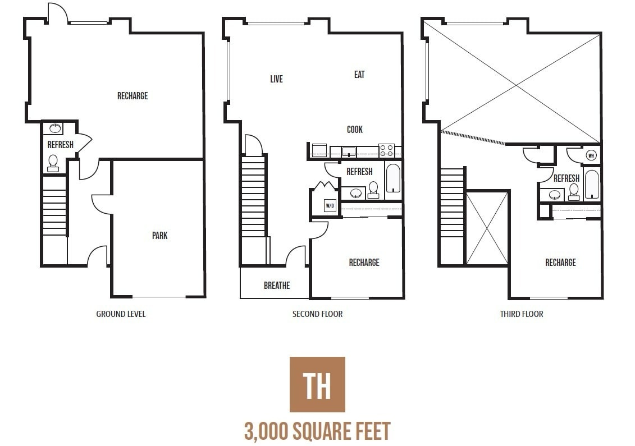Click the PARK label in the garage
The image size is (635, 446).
(x=159, y=236)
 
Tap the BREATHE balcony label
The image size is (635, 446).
(x=277, y=286)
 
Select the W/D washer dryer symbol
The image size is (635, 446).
(x=330, y=206)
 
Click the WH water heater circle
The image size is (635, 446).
(x=591, y=155)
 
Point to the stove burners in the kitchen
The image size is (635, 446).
(x=386, y=150)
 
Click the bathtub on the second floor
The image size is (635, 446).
(x=393, y=179)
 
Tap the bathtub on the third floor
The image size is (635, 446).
(x=592, y=184)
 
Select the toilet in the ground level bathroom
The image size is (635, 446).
(x=53, y=163)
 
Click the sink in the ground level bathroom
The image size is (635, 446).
(x=54, y=128)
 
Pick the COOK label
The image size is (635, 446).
(x=354, y=130)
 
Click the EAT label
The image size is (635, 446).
(x=359, y=75)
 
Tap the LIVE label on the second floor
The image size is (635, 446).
(x=276, y=79)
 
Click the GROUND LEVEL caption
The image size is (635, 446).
(x=121, y=314)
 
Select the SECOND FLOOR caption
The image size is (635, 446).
(x=317, y=314)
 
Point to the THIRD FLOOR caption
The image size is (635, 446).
(x=522, y=314)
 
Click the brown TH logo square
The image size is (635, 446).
(x=317, y=384)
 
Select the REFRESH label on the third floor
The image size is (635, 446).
(x=566, y=178)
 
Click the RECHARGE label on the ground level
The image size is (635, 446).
(x=133, y=96)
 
